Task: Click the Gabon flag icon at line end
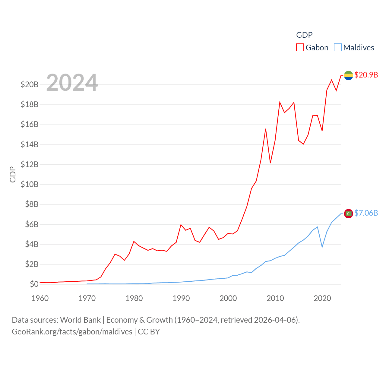(x=348, y=75)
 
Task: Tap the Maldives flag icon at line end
(x=348, y=214)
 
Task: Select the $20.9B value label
(x=366, y=75)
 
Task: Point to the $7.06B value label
(x=366, y=213)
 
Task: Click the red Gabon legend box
(x=300, y=48)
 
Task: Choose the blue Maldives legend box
(x=338, y=48)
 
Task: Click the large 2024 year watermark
(x=72, y=82)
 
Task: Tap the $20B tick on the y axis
(x=30, y=84)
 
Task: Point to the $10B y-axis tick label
(x=30, y=184)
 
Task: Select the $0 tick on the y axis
(x=34, y=284)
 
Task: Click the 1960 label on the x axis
(x=40, y=298)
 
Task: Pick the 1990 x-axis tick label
(x=181, y=298)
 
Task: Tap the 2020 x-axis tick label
(x=322, y=298)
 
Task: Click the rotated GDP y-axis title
(x=13, y=174)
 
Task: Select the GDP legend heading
(x=304, y=35)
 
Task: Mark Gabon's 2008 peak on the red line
(x=266, y=129)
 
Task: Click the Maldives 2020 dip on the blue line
(x=322, y=247)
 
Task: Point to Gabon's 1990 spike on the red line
(x=181, y=225)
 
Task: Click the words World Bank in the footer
(x=80, y=320)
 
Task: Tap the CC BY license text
(x=149, y=332)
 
